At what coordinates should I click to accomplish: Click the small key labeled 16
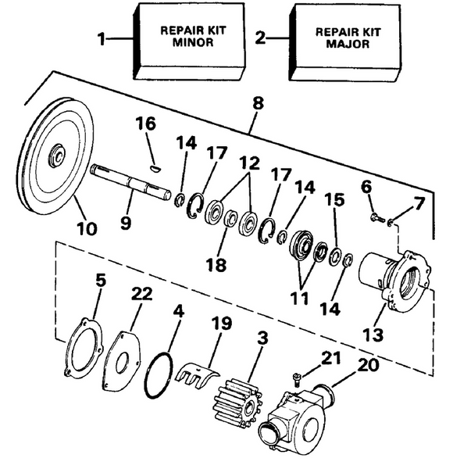click(x=155, y=166)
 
